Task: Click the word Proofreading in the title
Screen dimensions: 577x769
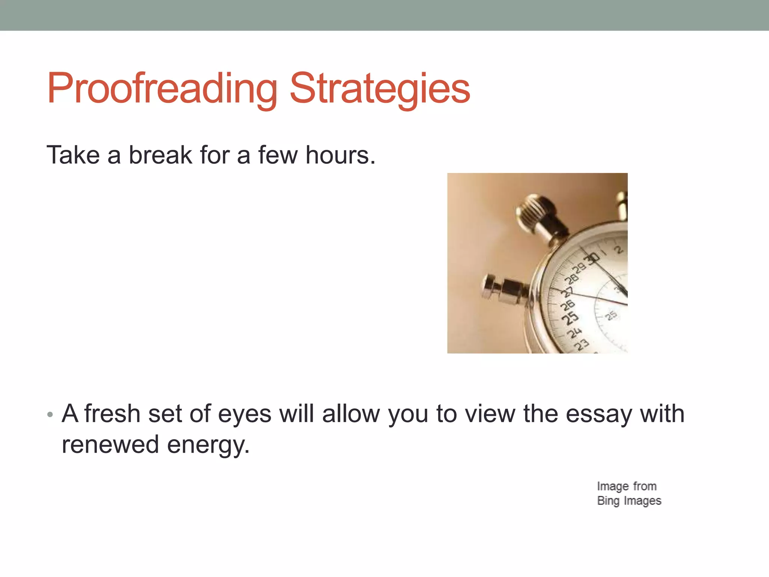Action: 161,89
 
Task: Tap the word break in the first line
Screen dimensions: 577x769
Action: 160,155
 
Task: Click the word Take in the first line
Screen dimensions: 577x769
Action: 73,155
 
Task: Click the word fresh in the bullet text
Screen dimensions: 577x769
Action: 112,414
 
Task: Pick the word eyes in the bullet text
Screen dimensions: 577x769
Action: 244,414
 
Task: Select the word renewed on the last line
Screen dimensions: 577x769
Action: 110,444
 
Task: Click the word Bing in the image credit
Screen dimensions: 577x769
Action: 608,501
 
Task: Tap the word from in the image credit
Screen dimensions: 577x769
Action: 645,486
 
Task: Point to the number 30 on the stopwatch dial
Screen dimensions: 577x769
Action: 593,258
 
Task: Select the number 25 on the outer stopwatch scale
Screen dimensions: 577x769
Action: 570,318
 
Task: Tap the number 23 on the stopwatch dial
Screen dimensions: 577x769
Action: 582,344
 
